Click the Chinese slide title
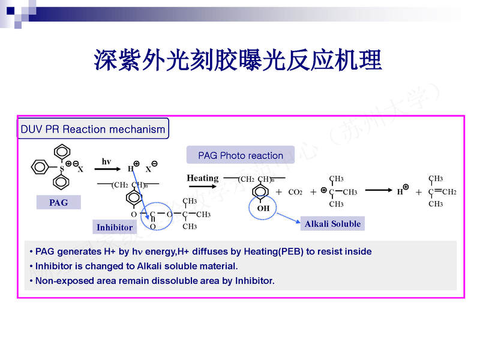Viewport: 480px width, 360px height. [x=238, y=61]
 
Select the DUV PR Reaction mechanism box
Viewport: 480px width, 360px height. [x=93, y=129]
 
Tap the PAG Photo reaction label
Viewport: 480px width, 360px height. [x=241, y=155]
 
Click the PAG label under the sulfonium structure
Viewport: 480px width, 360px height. [x=58, y=203]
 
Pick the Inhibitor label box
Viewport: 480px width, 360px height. [x=115, y=227]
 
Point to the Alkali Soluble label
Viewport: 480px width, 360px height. [x=332, y=224]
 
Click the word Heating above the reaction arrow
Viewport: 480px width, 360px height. [x=202, y=178]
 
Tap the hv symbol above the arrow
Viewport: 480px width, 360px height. [x=106, y=161]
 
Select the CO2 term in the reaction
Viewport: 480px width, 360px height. [x=295, y=193]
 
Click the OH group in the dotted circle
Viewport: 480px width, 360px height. [x=263, y=208]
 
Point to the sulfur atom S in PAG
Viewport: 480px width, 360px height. [x=61, y=169]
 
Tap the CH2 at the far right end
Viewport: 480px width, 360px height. [x=449, y=192]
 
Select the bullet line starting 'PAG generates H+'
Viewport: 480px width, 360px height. [x=203, y=251]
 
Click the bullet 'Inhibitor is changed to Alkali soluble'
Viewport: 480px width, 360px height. [x=136, y=266]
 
